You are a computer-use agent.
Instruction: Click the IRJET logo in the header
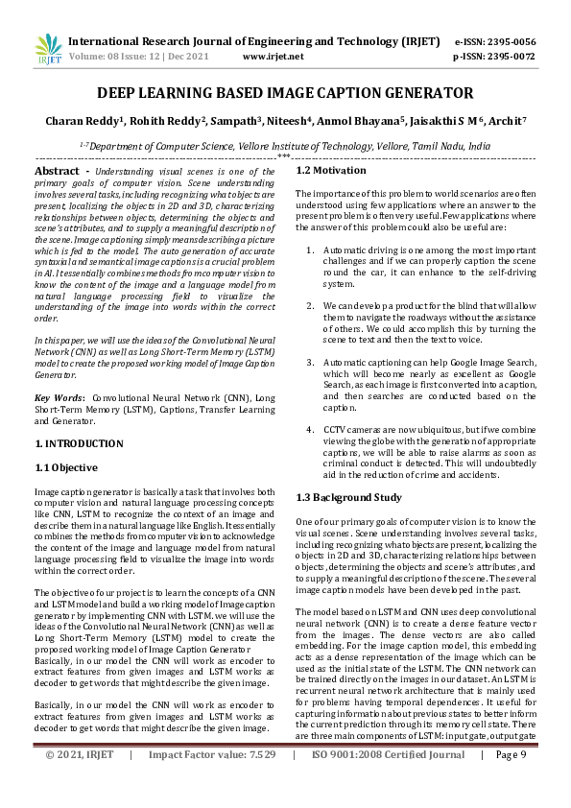point(49,49)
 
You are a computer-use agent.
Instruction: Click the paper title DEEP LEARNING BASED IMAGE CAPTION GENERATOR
point(284,93)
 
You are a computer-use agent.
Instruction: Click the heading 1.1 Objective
point(66,467)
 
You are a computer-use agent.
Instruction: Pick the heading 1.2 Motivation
point(331,170)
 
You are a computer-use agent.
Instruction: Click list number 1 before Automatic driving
point(309,250)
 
